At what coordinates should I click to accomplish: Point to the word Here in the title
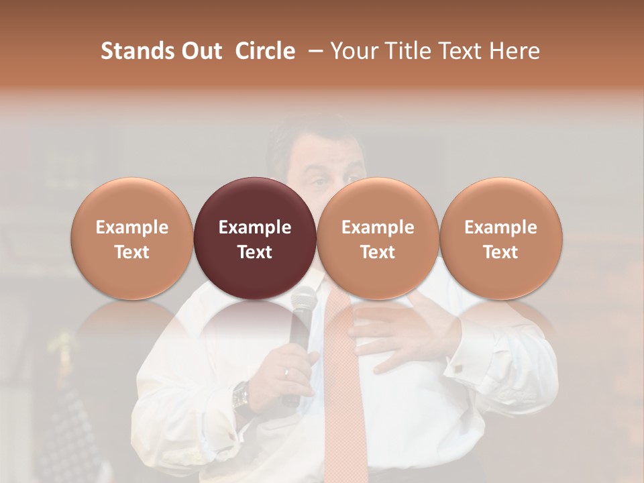(x=515, y=51)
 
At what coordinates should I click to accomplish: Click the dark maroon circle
(x=255, y=239)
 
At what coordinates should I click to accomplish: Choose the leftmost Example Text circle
(x=132, y=239)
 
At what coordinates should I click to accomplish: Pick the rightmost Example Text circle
(x=500, y=239)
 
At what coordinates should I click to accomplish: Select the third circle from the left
(x=378, y=239)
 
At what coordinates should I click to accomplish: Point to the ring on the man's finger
(x=286, y=372)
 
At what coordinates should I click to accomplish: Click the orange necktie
(x=342, y=376)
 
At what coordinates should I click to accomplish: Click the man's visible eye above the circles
(x=319, y=182)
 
